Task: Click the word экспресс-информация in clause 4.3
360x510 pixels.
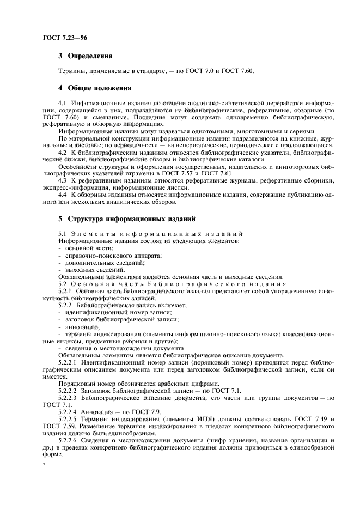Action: [75, 187]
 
